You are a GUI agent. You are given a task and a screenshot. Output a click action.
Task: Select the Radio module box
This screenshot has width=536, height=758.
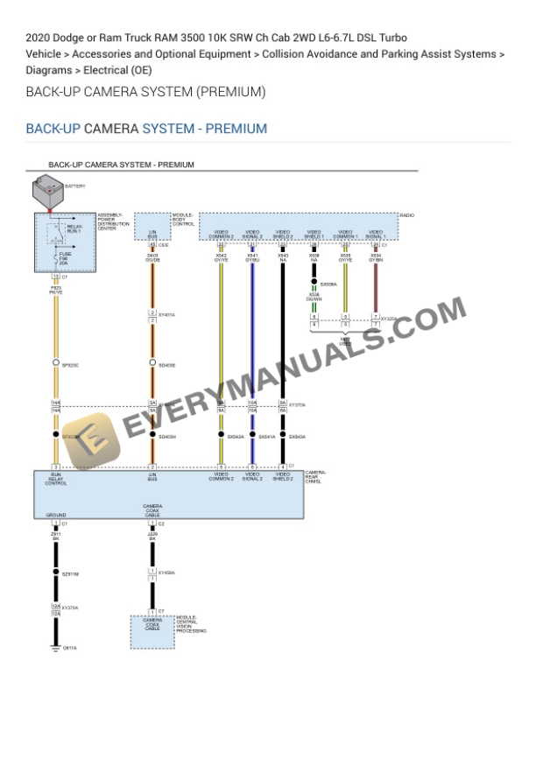click(298, 226)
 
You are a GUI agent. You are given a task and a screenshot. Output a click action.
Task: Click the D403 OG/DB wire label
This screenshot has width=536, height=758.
click(152, 257)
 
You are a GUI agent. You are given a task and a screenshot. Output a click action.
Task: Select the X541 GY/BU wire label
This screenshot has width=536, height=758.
click(252, 257)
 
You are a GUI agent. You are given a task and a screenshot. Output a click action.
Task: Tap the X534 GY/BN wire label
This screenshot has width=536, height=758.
click(375, 257)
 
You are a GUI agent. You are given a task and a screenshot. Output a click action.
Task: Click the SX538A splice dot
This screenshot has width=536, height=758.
click(314, 284)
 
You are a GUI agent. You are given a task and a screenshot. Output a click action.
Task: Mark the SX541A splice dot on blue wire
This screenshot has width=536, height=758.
click(252, 436)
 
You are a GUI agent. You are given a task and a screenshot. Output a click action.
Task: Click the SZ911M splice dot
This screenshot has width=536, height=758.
click(55, 574)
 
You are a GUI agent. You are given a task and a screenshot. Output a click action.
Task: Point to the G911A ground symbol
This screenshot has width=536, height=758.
click(55, 649)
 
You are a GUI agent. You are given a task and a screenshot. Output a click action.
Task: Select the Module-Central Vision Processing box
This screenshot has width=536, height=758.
click(152, 627)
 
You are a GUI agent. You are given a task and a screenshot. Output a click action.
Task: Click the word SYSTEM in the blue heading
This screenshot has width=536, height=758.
click(168, 129)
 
